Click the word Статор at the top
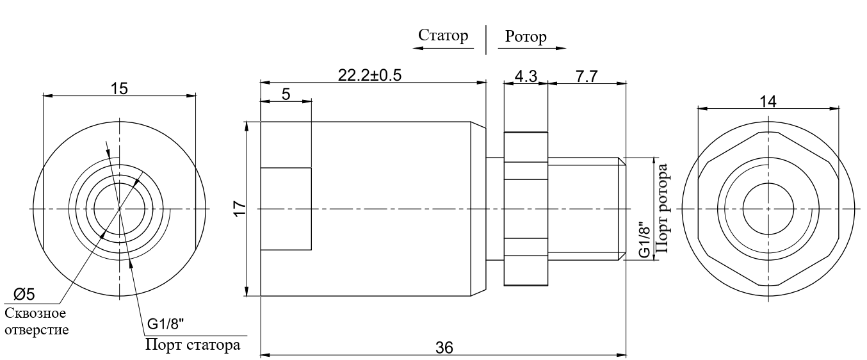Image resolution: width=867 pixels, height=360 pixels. (443, 36)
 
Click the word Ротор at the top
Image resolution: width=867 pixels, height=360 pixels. (526, 37)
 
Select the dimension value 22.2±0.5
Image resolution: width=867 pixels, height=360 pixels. (369, 75)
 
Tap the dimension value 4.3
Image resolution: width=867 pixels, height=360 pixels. (526, 76)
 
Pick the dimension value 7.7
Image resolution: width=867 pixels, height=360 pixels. (587, 76)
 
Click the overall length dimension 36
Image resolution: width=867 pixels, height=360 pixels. (444, 348)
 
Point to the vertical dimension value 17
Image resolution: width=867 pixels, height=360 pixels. (240, 209)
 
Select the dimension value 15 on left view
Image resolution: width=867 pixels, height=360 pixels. (119, 88)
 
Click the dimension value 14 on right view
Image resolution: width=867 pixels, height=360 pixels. (768, 102)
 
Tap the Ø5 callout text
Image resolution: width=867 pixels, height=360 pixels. (24, 295)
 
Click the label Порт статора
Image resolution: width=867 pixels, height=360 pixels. (193, 345)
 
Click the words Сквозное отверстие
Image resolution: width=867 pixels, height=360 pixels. (36, 322)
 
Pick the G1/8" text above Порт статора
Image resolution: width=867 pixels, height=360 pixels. (165, 323)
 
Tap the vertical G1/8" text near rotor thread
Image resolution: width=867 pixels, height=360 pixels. (644, 240)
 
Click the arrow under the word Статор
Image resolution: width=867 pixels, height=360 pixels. (443, 49)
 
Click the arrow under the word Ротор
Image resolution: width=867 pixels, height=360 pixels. (532, 49)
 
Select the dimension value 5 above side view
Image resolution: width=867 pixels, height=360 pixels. (286, 94)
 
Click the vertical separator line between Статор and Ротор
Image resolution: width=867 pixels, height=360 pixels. (486, 40)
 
